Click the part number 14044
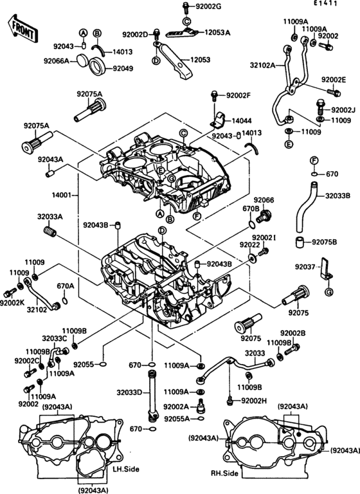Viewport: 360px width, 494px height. click(x=242, y=120)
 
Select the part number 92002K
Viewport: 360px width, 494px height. click(x=12, y=302)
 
